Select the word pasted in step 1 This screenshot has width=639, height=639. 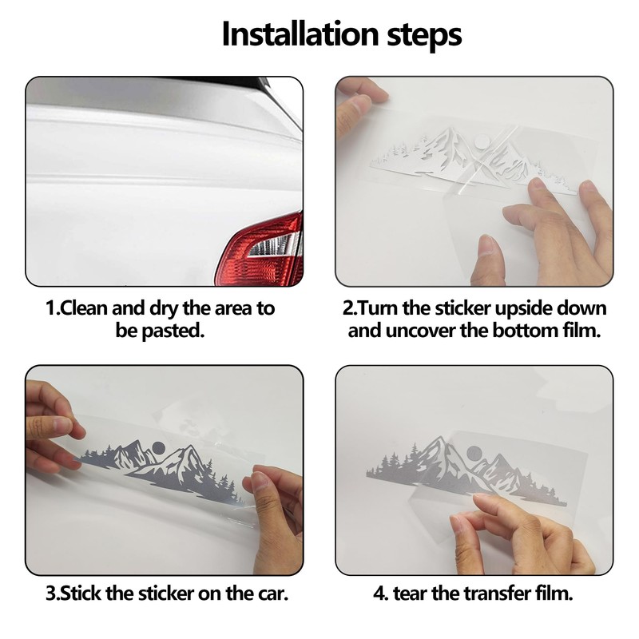173,331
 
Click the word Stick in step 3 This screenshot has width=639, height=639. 81,593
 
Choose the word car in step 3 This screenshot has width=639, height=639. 272,593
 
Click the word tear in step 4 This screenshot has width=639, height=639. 410,593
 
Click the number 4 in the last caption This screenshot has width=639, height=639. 379,593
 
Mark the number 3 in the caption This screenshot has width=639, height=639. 50,593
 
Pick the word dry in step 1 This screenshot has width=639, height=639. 165,309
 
